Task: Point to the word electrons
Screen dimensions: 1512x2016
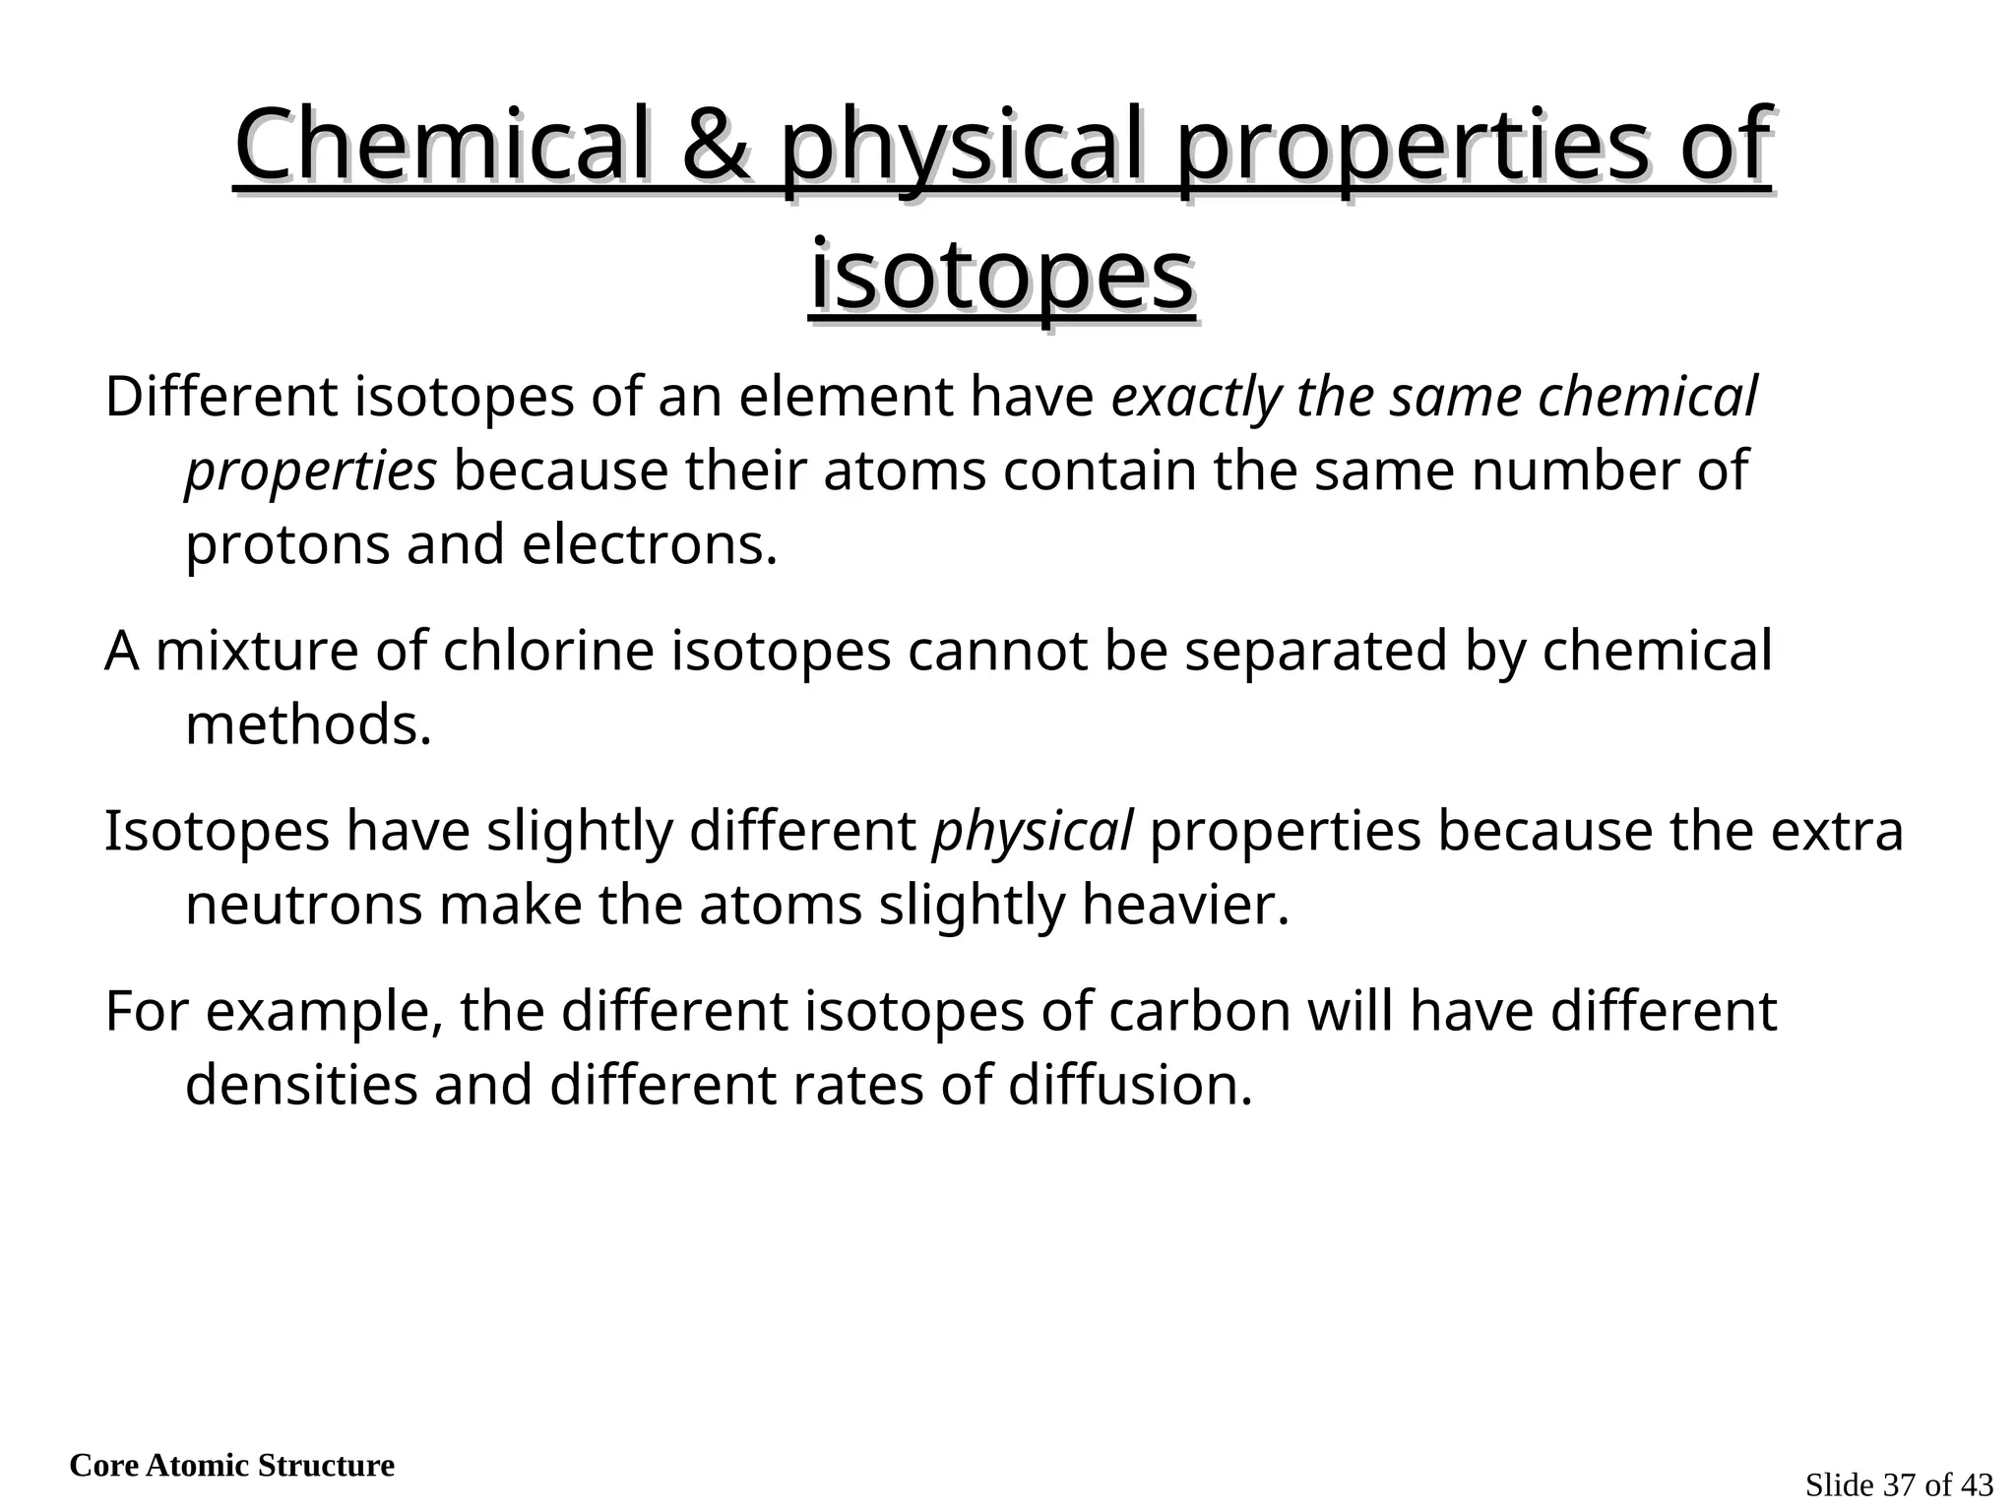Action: point(649,544)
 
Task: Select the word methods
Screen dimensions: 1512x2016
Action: point(308,725)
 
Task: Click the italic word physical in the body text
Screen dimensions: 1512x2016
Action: point(1033,831)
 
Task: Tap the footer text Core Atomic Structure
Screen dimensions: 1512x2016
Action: point(231,1466)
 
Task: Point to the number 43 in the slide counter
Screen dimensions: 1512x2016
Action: point(1977,1485)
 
